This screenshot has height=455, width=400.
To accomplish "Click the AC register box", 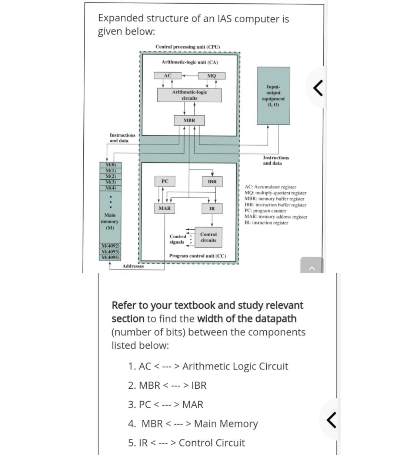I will [167, 76].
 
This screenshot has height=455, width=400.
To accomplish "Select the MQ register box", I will [211, 76].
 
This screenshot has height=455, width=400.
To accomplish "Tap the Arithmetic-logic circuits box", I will [189, 95].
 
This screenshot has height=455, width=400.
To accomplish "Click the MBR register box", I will [189, 120].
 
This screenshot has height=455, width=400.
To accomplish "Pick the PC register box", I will [165, 181].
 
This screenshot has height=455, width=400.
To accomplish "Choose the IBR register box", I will [212, 182].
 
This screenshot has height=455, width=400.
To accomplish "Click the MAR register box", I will [165, 208].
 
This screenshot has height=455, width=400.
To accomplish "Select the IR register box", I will [212, 209].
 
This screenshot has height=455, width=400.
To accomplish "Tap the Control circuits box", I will [209, 237].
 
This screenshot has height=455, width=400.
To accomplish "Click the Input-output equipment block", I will [273, 96].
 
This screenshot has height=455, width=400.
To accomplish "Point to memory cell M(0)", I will [110, 165].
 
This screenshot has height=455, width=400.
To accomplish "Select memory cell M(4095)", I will [110, 257].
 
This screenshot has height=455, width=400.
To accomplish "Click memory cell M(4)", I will [110, 188].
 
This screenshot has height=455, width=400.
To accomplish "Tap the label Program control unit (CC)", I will [197, 256].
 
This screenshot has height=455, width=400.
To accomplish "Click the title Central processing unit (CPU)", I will [188, 47].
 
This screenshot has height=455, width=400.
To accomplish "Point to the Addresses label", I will [133, 266].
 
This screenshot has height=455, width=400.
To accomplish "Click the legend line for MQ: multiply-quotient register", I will [276, 193].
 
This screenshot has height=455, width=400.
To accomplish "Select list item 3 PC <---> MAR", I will [166, 405].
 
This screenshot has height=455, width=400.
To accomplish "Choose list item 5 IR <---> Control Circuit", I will [186, 443].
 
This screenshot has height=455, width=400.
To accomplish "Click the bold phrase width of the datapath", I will [247, 319].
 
